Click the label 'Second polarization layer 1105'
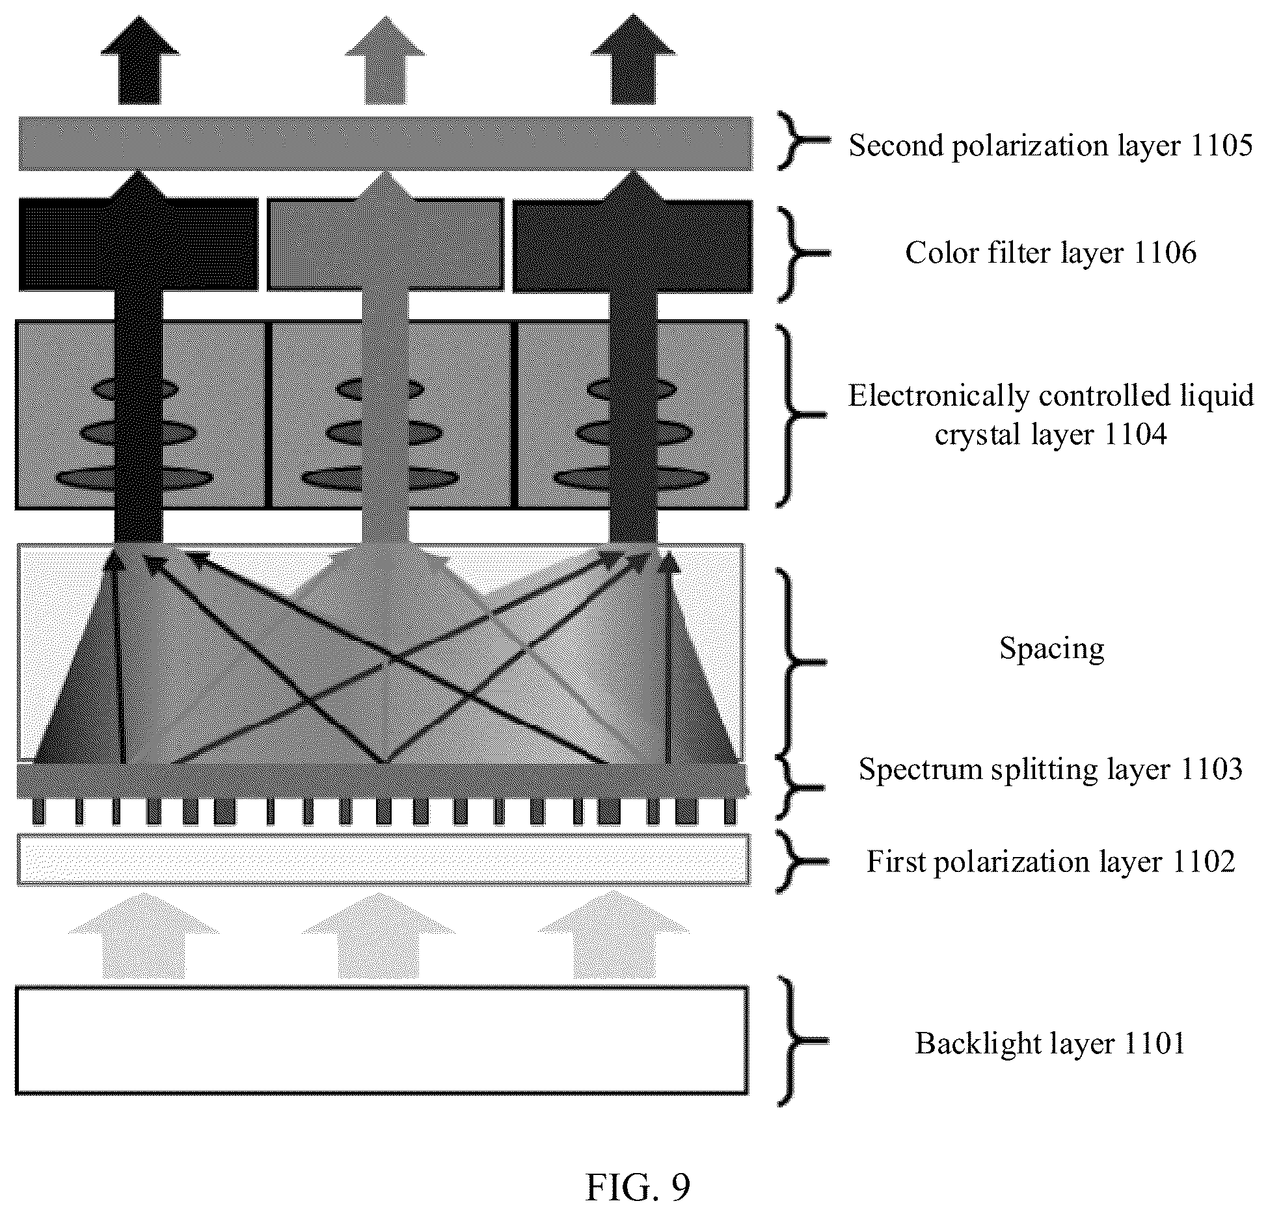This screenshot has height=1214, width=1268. point(1050,145)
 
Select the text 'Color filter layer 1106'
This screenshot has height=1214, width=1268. point(1050,253)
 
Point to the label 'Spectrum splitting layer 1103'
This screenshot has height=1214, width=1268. point(1050,769)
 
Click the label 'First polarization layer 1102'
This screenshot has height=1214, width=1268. point(1050,862)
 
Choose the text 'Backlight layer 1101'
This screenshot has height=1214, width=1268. point(1050,1044)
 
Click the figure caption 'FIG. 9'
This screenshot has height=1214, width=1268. point(638,1187)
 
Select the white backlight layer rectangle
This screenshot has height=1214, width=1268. point(382,1040)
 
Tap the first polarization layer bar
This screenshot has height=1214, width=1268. point(383,860)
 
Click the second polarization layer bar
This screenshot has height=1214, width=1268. point(385,144)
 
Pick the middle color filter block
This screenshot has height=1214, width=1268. point(385,244)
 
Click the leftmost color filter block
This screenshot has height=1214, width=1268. point(138,244)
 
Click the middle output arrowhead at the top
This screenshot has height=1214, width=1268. point(385,36)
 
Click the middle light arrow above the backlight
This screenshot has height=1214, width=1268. point(379,936)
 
